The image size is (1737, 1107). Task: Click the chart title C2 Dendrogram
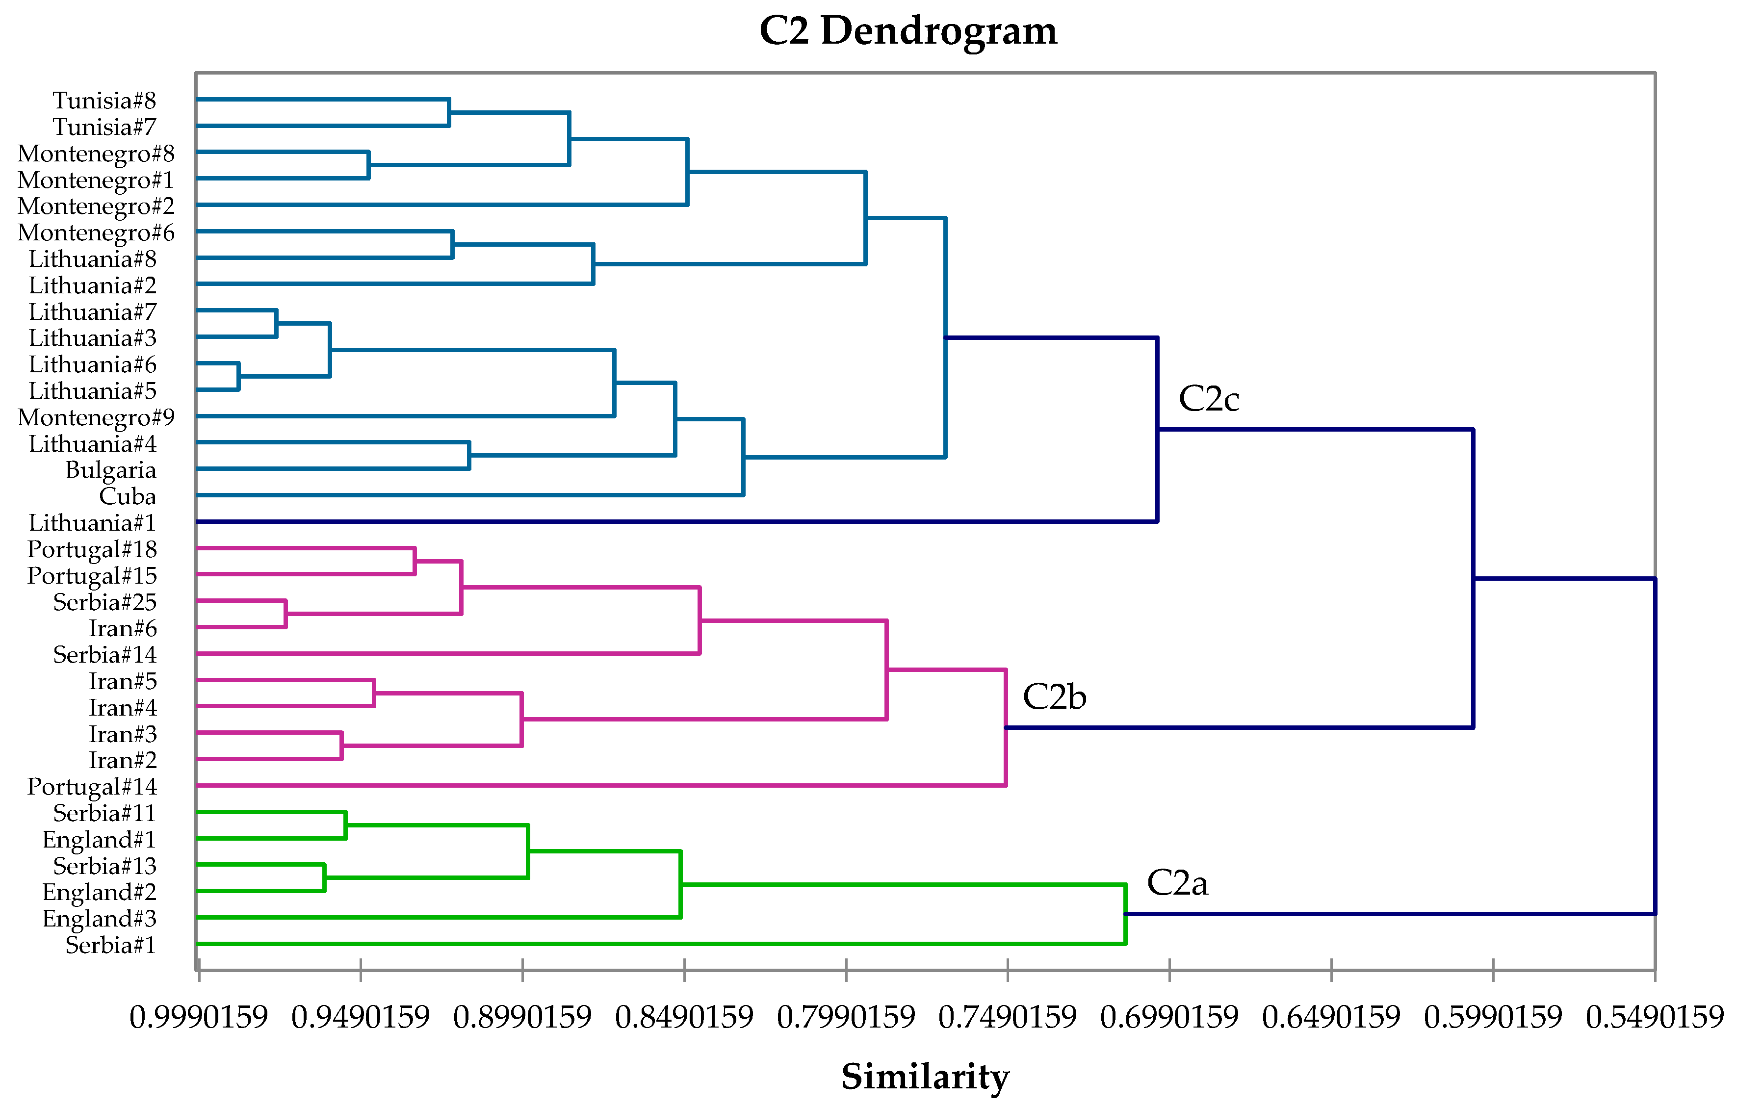[x=908, y=31]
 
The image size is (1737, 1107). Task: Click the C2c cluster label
[x=1209, y=399]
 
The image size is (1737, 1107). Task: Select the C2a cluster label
[x=1177, y=883]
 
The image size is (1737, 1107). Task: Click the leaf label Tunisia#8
[x=104, y=100]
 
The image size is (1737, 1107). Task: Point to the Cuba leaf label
[x=128, y=496]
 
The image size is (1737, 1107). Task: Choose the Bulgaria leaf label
[x=110, y=470]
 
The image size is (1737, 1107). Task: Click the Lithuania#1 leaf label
[x=92, y=523]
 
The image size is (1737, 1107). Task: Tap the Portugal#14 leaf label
[x=92, y=787]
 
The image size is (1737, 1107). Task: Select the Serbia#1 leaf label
[x=110, y=945]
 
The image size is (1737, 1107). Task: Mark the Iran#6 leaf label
[x=123, y=628]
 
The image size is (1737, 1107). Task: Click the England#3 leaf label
[x=100, y=919]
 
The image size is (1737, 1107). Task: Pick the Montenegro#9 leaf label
[x=96, y=417]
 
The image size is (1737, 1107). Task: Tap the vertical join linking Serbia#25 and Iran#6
[x=285, y=614]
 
